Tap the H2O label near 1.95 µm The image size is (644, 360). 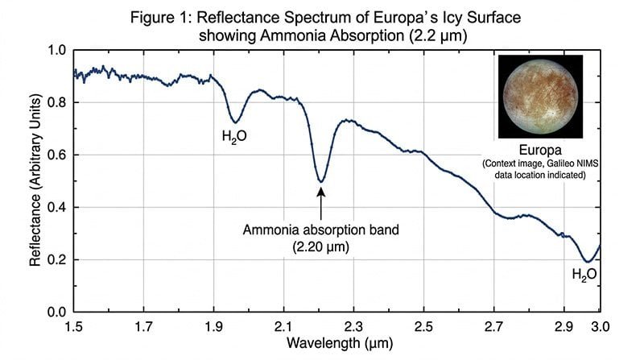(x=234, y=137)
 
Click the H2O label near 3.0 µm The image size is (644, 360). (x=584, y=275)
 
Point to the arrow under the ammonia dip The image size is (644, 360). (x=321, y=201)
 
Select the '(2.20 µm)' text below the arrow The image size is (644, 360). (x=321, y=246)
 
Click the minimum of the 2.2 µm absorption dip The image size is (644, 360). (x=321, y=181)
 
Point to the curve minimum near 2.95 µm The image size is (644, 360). (x=588, y=262)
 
